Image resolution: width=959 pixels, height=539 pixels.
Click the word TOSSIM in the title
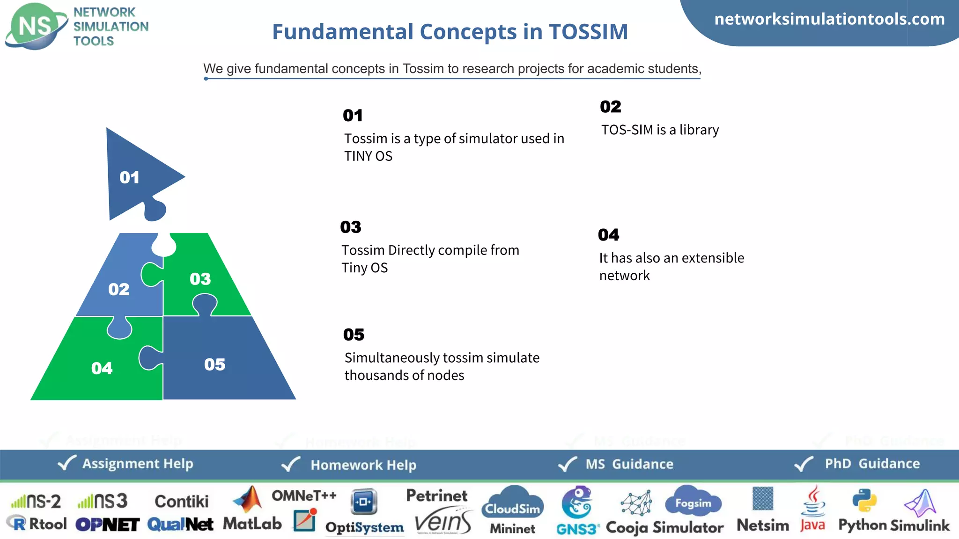click(588, 32)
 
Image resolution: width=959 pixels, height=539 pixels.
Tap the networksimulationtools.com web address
click(829, 19)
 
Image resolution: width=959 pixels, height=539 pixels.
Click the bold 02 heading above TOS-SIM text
click(610, 107)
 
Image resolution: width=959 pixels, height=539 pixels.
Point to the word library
click(699, 130)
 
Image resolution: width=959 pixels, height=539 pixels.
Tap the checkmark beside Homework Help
click(290, 464)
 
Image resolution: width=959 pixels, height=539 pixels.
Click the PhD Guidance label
click(872, 463)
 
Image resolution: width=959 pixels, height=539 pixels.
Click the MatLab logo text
click(252, 524)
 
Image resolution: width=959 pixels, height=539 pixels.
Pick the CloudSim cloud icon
click(512, 503)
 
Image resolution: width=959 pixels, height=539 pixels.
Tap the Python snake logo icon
click(864, 500)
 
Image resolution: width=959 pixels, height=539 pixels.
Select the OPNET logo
click(107, 524)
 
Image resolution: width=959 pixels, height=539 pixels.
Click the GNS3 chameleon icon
click(576, 502)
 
